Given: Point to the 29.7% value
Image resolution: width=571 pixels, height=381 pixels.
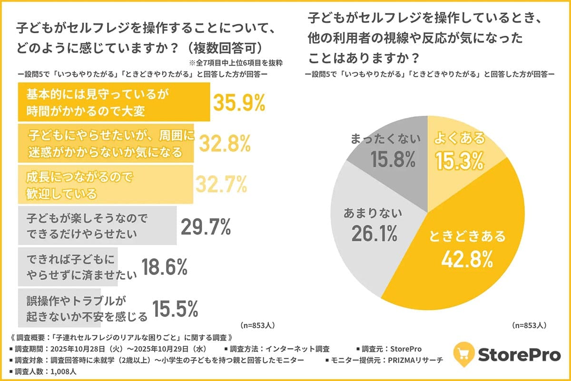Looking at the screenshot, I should click(x=206, y=227).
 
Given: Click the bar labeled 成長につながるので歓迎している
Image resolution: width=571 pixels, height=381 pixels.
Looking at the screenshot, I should click(x=105, y=183).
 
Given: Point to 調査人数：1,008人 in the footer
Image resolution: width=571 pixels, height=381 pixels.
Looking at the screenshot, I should click(x=45, y=371).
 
